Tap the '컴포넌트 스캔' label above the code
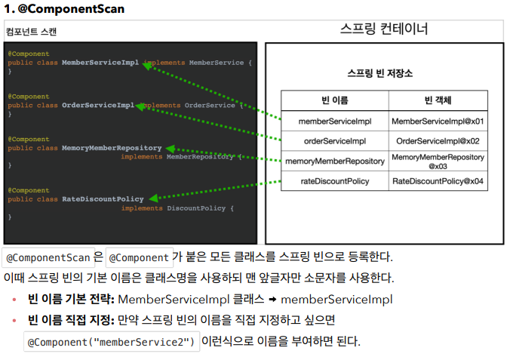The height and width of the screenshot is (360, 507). coord(30,32)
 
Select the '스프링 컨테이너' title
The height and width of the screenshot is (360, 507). coord(384,29)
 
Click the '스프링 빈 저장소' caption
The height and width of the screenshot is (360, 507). coord(379,74)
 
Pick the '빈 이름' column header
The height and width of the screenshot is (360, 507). coord(334,100)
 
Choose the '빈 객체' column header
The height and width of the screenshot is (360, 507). coord(438,100)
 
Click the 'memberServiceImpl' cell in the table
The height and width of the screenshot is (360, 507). coord(334,121)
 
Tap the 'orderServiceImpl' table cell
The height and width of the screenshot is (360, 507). coord(334,141)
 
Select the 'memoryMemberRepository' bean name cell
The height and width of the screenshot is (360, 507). coord(334,161)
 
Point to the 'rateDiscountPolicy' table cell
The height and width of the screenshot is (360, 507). coord(334,181)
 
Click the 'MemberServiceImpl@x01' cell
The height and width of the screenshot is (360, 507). coord(438,121)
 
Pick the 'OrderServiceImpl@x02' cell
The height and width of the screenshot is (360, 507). coord(438,141)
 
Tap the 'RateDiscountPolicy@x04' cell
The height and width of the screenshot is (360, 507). coord(438,181)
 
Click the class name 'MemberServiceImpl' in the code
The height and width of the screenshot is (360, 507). coord(100,63)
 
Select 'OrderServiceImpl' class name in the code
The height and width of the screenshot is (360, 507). coord(98,105)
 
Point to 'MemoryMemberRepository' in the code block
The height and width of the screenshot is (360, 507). coord(112,148)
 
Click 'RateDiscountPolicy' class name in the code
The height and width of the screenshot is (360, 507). coord(103,199)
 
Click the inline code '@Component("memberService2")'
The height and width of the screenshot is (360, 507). coord(112,342)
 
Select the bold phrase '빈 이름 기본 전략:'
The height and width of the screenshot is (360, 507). coord(71,300)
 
